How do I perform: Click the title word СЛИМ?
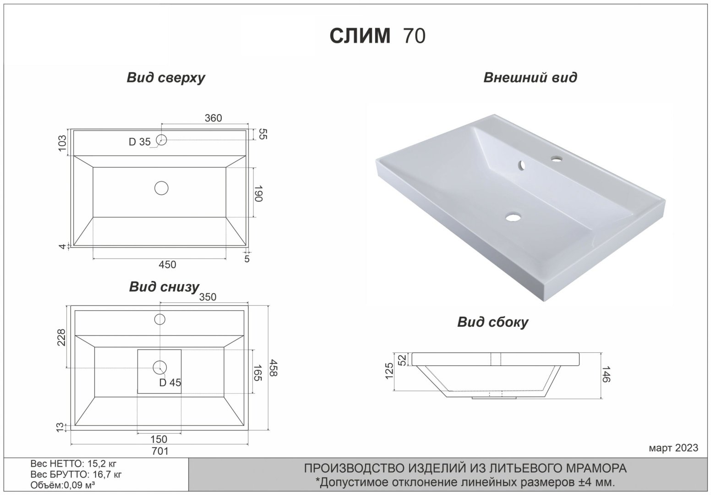coord(360,36)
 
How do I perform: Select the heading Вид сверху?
coord(165,77)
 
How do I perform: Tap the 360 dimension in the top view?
coord(213,118)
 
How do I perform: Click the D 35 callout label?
coord(139,142)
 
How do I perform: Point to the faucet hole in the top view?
coord(161,139)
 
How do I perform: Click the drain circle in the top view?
coord(161,188)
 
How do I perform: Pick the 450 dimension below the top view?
coord(167,264)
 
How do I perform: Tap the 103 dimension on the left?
coord(63,143)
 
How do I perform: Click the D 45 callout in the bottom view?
coord(170,382)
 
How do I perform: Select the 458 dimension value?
coord(273,368)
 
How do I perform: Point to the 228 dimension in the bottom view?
coord(63,338)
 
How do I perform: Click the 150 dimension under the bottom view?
coord(159,440)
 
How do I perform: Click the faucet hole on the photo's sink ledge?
coord(557,159)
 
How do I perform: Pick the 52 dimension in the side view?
coord(403,360)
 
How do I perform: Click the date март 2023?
coord(673,447)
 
